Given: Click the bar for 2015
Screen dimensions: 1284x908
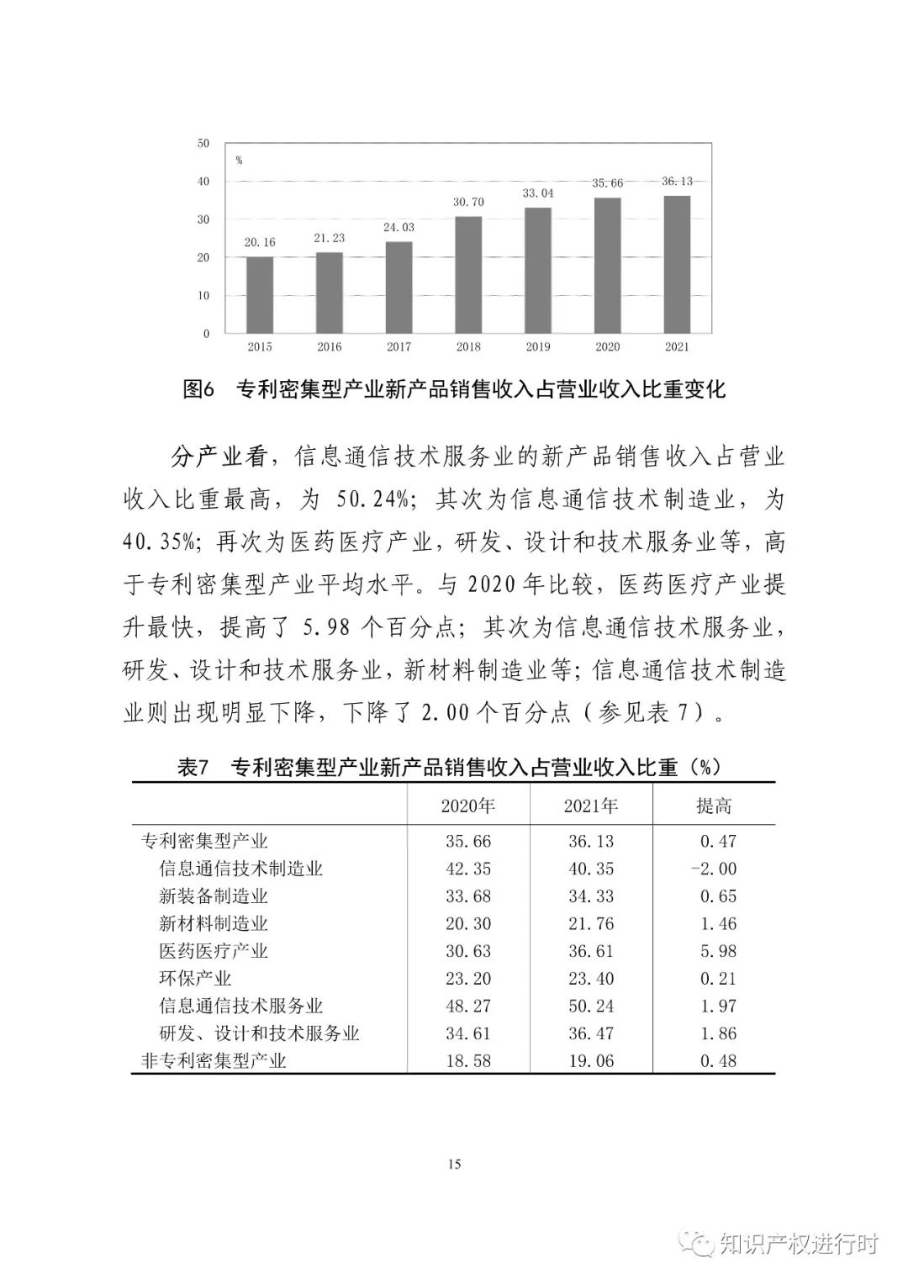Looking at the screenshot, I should click(x=260, y=294).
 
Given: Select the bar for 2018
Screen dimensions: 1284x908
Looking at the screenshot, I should click(x=468, y=274).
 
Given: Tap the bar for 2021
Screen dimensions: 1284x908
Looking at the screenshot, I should click(x=677, y=264).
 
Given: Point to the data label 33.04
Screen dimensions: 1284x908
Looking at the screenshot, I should click(x=538, y=193).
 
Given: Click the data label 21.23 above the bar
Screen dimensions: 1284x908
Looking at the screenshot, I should click(x=330, y=238).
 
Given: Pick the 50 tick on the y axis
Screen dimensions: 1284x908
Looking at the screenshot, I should click(x=203, y=143).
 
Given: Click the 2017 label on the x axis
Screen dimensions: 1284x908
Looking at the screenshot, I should click(x=399, y=346).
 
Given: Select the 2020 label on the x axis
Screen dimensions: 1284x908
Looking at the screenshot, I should click(x=607, y=346).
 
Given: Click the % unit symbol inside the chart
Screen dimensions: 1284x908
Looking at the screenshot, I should click(x=239, y=161).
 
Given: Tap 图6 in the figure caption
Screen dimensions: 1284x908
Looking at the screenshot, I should click(x=200, y=389).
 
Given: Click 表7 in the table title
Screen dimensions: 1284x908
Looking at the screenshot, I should click(x=193, y=767).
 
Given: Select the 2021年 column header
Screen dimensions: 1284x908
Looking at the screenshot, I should click(x=590, y=806).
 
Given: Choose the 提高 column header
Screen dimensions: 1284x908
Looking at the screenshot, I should click(x=714, y=806).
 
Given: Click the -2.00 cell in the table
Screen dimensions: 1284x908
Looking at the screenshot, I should click(x=714, y=869).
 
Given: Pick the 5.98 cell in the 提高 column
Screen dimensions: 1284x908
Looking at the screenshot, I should click(x=718, y=951).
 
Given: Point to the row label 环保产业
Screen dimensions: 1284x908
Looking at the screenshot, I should click(x=195, y=979).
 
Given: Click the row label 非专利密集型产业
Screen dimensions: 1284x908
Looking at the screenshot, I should click(x=214, y=1061).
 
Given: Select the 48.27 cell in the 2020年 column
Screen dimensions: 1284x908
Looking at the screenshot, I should click(x=468, y=1006).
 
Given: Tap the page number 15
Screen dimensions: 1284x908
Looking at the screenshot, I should click(x=455, y=1165).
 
